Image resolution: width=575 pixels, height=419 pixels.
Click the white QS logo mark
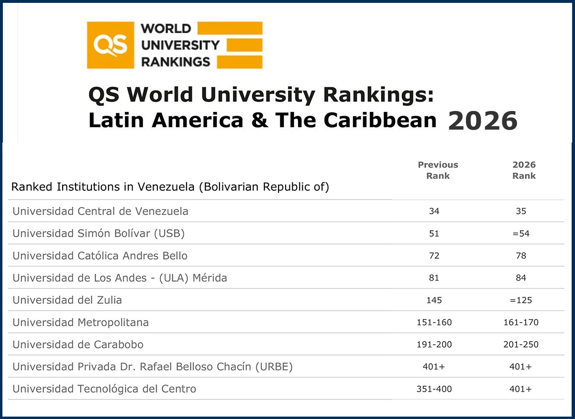[111, 45]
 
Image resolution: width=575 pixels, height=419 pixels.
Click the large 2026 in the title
[483, 120]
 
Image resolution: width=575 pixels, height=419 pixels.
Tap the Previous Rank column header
[438, 170]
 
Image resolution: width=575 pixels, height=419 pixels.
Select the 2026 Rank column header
[524, 170]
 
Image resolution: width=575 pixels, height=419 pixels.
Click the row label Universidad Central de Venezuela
[100, 211]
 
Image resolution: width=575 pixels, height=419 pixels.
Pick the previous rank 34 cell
[434, 211]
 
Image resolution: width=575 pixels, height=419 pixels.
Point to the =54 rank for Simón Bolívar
[520, 234]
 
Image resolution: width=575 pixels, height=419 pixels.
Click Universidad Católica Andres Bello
[100, 256]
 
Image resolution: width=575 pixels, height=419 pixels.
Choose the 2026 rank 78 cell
[521, 256]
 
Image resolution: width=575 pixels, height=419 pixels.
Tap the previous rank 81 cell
[434, 278]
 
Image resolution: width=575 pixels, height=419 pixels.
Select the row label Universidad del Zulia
[67, 300]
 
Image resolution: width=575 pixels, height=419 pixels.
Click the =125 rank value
[520, 300]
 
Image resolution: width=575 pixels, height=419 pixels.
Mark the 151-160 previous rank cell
[434, 322]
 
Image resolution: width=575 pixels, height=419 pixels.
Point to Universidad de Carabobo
[78, 345]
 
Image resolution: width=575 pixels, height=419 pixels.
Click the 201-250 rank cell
[520, 345]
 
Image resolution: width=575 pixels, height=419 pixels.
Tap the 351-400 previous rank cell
[434, 389]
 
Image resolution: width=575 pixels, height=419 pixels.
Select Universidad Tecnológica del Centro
[104, 389]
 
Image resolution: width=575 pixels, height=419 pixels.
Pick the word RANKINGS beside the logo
[175, 62]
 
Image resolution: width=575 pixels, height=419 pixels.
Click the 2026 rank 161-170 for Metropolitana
[520, 322]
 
